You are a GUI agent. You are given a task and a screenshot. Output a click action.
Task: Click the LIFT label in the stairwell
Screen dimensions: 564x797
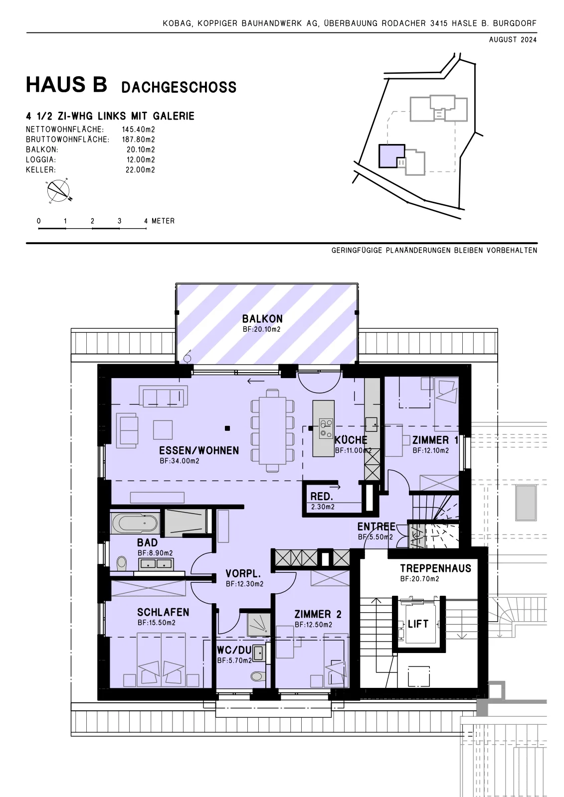click(x=418, y=624)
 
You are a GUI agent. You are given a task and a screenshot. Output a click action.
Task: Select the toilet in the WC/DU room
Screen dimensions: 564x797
click(x=258, y=675)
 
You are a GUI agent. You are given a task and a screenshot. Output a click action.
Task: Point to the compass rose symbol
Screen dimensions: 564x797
click(x=59, y=191)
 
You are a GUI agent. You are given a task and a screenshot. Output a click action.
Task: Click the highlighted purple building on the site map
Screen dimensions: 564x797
click(x=391, y=156)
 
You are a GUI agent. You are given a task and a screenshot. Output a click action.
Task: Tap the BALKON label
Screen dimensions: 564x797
click(x=262, y=318)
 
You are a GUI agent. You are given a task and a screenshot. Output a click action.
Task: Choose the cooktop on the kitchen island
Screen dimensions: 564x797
click(x=326, y=428)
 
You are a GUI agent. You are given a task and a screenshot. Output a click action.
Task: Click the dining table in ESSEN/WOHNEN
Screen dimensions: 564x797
click(x=273, y=430)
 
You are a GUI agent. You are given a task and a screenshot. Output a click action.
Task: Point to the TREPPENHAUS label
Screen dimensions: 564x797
click(x=435, y=568)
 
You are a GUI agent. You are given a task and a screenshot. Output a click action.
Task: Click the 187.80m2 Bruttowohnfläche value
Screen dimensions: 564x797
click(x=138, y=139)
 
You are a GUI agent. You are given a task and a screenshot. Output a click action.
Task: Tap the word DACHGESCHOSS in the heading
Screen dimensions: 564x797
click(x=179, y=87)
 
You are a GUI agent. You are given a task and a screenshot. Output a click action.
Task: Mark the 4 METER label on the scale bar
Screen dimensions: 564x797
click(x=159, y=221)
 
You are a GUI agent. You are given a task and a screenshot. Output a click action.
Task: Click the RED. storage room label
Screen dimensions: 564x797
click(x=321, y=496)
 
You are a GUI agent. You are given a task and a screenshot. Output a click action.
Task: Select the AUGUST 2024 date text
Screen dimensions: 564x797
click(x=513, y=40)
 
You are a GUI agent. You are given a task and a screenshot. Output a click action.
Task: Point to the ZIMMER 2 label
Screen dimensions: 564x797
click(x=318, y=614)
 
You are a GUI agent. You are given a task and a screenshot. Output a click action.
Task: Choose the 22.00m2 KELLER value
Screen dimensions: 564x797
click(x=140, y=170)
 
